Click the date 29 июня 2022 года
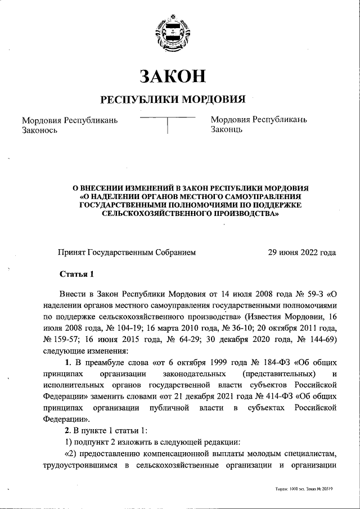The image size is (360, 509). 302,253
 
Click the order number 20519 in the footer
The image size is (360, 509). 325,489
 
